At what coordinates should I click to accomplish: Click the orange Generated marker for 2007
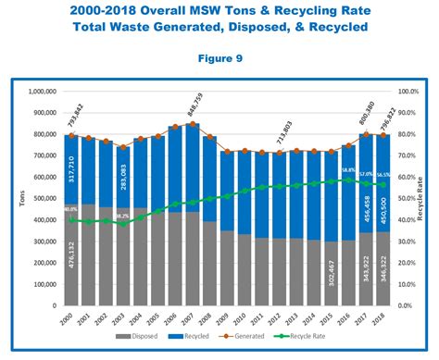tap(193, 124)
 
